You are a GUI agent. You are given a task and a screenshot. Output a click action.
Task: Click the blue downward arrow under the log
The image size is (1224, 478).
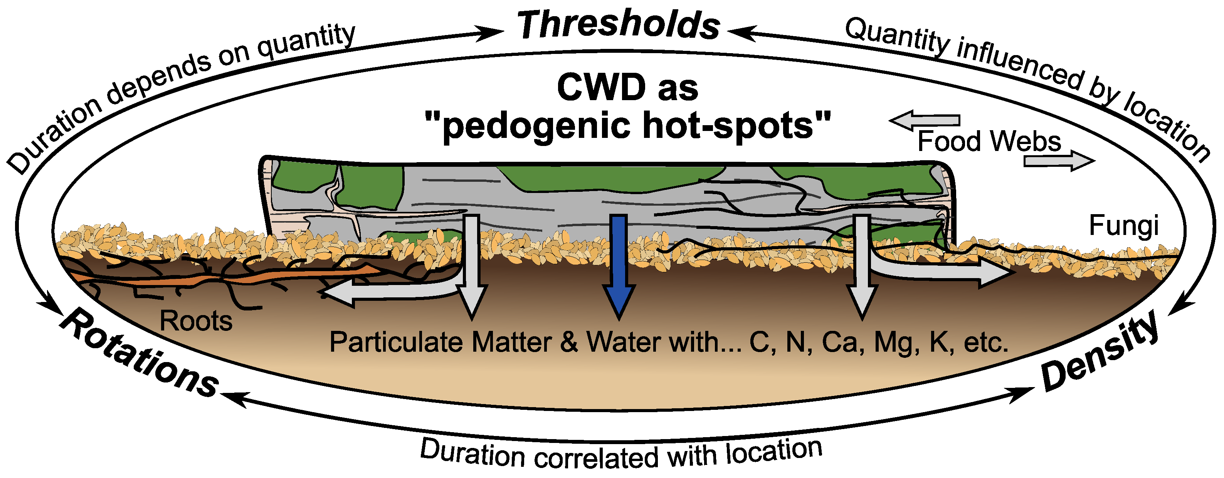619,266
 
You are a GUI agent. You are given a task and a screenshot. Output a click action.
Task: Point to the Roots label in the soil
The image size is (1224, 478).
196,321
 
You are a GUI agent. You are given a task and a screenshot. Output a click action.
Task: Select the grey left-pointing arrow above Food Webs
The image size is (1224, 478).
924,120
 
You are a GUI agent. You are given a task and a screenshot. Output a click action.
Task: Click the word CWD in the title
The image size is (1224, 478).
601,88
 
